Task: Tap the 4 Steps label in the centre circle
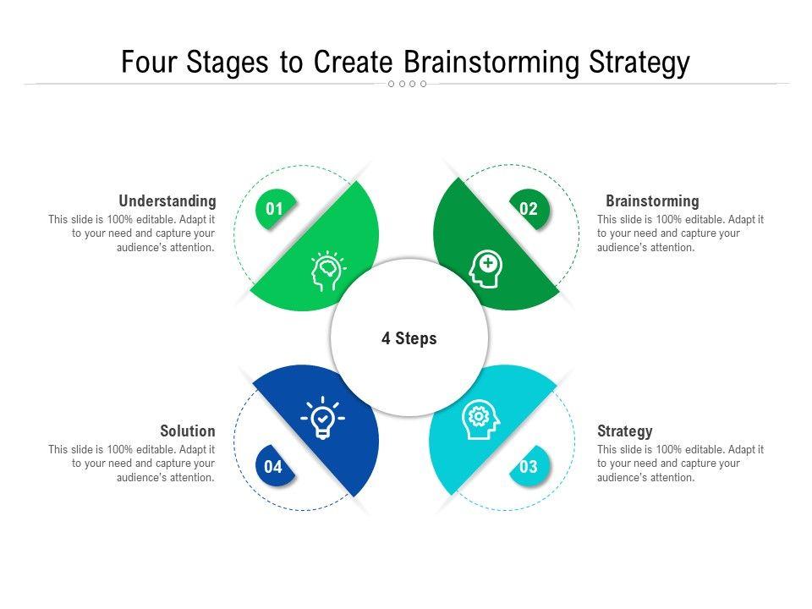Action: [409, 338]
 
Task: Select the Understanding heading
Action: [167, 201]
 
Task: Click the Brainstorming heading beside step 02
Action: [652, 201]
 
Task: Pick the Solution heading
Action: [188, 431]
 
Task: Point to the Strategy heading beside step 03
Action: [625, 431]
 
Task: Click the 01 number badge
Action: [274, 210]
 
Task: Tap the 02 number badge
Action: [529, 210]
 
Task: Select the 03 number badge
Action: [529, 467]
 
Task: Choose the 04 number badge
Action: [274, 467]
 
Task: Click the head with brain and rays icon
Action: [327, 272]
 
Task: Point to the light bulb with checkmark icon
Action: [323, 417]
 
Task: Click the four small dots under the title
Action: [407, 84]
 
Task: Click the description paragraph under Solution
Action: [132, 464]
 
